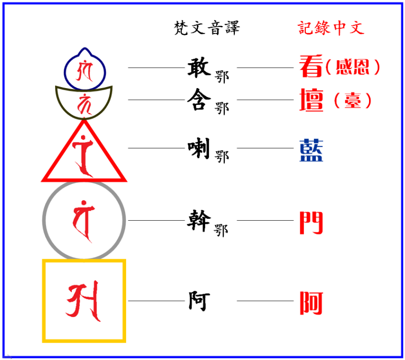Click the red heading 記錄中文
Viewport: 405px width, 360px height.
(x=331, y=27)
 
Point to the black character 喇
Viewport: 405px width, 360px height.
(x=198, y=148)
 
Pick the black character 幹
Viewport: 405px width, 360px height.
(x=198, y=220)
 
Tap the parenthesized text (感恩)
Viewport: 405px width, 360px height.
(x=352, y=67)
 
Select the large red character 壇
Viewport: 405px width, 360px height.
(x=311, y=100)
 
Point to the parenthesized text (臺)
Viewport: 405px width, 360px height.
(x=353, y=101)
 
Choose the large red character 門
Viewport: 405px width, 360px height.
(x=311, y=222)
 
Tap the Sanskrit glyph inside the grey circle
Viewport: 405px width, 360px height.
(x=83, y=220)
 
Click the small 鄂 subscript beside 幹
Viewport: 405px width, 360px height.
(x=222, y=230)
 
